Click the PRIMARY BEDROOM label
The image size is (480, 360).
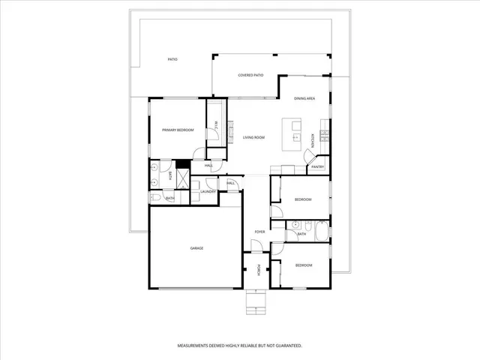pos(178,130)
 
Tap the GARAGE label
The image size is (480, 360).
pos(196,248)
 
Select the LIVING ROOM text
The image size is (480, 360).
pos(254,137)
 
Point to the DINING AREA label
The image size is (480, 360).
pos(304,99)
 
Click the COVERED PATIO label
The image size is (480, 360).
pos(250,75)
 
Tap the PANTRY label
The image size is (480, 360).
pos(317,166)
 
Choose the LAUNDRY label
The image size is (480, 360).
pos(208,192)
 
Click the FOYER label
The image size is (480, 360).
pos(259,232)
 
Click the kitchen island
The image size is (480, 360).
pos(292,132)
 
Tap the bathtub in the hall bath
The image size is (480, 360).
pos(322,229)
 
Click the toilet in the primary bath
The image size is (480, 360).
pos(154,198)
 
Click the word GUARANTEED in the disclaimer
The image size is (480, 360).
pos(286,346)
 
